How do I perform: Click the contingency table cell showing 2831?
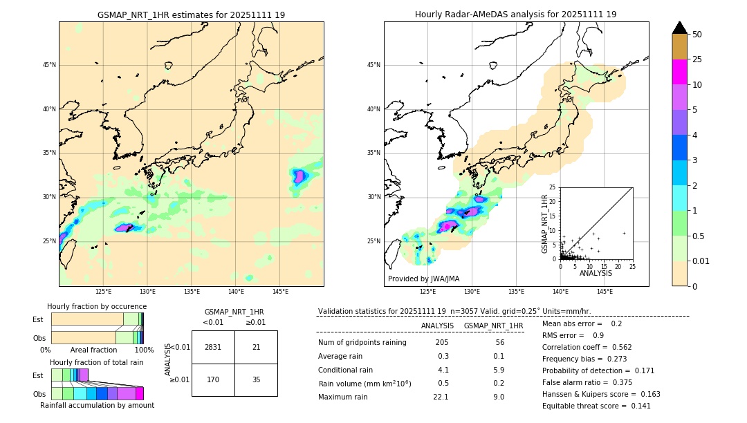click(213, 347)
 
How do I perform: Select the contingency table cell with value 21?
click(256, 347)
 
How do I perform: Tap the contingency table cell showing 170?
click(213, 379)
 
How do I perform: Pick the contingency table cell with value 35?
click(256, 379)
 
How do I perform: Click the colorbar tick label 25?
click(697, 59)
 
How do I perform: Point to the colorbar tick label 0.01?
click(701, 261)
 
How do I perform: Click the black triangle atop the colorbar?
click(680, 28)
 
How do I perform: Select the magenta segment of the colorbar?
click(680, 72)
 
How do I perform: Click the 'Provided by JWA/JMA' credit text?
click(423, 279)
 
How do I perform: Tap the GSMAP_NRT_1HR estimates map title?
click(191, 15)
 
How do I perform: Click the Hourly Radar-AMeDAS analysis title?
click(516, 15)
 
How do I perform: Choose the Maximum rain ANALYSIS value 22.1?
click(441, 397)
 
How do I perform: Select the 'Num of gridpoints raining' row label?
click(362, 342)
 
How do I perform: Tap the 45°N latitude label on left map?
click(48, 65)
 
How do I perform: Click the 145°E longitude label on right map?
click(605, 292)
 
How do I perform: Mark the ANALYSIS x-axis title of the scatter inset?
click(596, 273)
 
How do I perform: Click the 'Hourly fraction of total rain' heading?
click(97, 362)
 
